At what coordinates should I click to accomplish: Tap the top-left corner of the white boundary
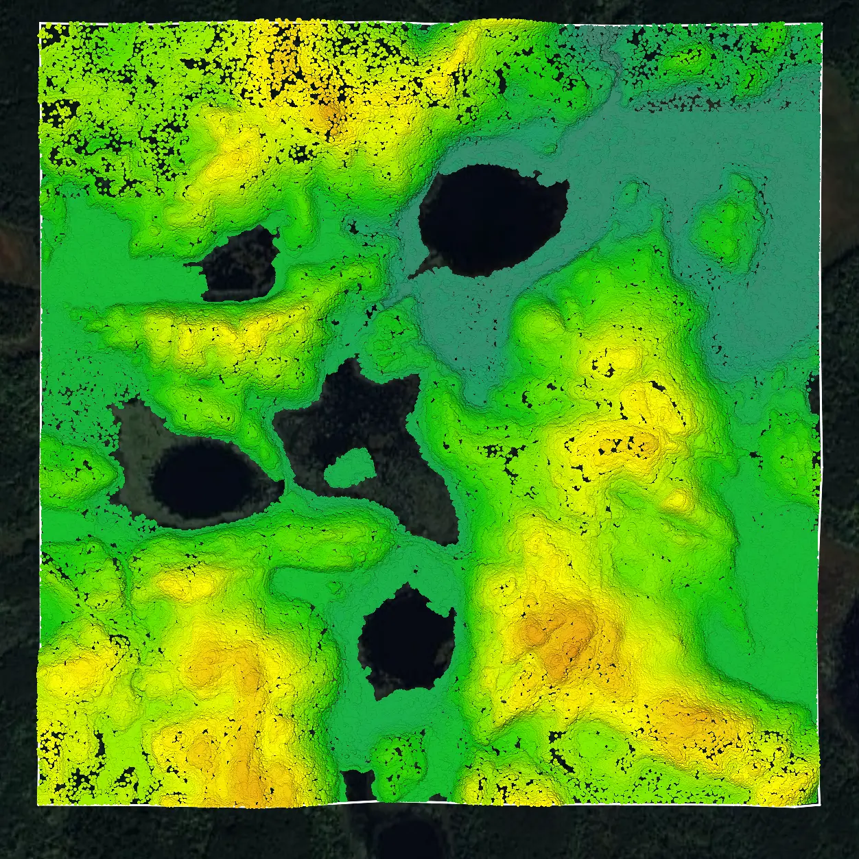pos(40,23)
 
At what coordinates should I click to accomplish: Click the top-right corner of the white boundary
pos(821,23)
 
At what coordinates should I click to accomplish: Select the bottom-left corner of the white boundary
pos(37,804)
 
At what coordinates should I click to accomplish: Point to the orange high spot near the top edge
pos(329,110)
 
